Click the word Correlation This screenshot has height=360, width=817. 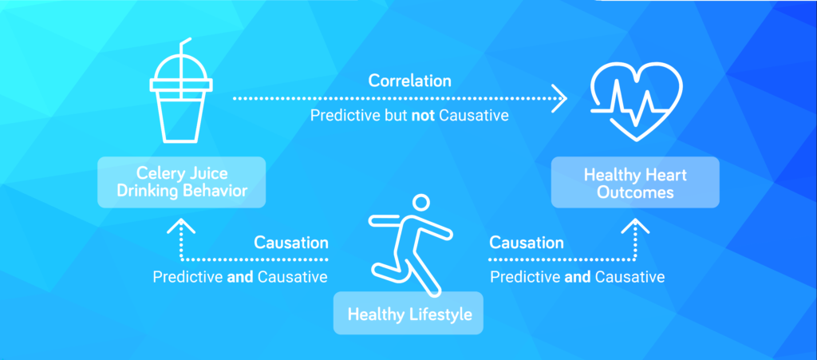(x=409, y=81)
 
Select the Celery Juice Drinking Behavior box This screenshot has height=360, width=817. (x=181, y=182)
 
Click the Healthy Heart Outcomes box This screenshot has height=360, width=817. (x=635, y=182)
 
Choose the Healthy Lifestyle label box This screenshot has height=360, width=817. (x=408, y=313)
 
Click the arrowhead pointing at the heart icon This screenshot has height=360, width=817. (x=559, y=98)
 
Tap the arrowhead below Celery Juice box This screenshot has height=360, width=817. (x=181, y=225)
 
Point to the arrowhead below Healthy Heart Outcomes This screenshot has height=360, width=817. (x=635, y=225)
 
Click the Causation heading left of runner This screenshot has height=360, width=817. (x=290, y=243)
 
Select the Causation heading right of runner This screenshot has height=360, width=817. (x=527, y=243)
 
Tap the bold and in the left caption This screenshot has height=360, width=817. (x=240, y=277)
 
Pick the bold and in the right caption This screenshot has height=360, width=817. (x=578, y=277)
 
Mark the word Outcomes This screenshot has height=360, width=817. (x=635, y=192)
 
